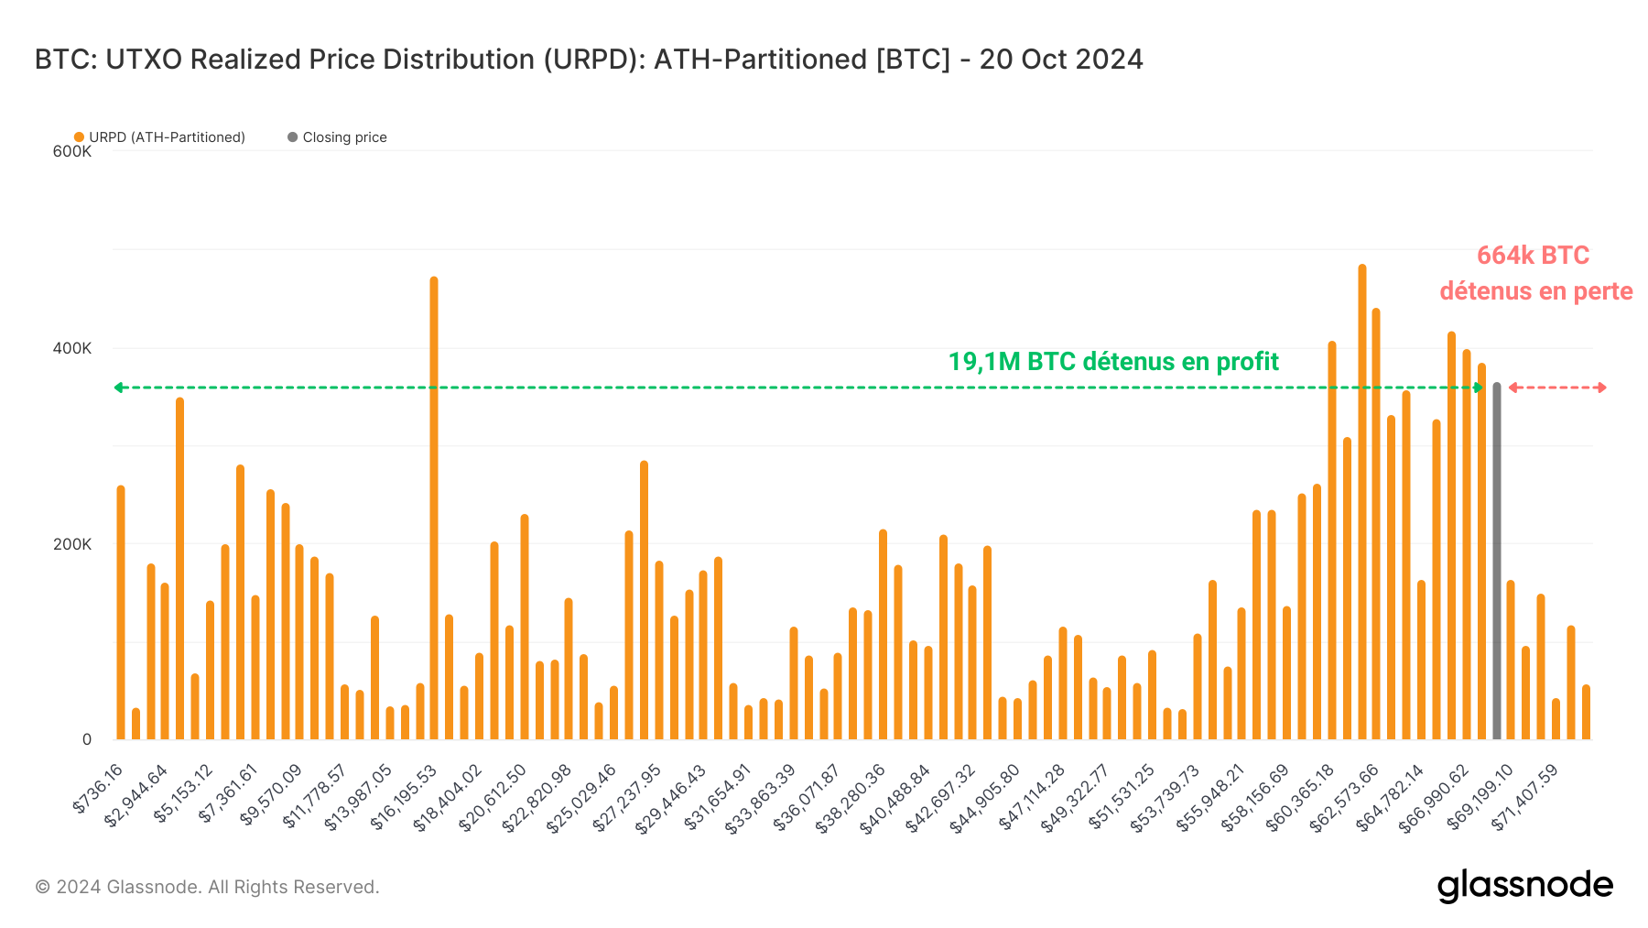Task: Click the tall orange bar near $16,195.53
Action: (x=433, y=508)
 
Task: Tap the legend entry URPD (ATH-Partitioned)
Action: (x=160, y=137)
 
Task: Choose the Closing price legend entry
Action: (x=338, y=137)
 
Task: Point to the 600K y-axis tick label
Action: (x=71, y=151)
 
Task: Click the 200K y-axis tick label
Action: (x=71, y=544)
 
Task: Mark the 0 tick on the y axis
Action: (x=87, y=739)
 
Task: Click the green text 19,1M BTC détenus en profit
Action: (x=1112, y=362)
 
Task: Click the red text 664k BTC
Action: (x=1533, y=256)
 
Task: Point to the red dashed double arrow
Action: (x=1556, y=388)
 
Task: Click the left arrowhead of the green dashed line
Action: (x=118, y=388)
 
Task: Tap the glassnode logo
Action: (x=1524, y=886)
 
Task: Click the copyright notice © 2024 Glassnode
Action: (x=207, y=887)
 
